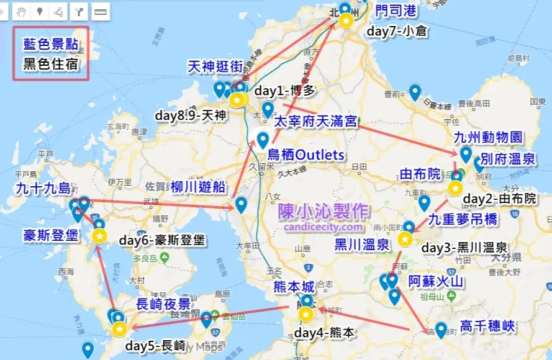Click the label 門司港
(x=396, y=11)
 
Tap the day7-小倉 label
(x=395, y=31)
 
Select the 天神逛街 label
(x=215, y=66)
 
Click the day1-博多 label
(x=285, y=90)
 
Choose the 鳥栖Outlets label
(x=305, y=154)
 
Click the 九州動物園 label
(x=488, y=137)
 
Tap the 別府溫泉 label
(x=508, y=159)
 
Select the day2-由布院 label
(x=499, y=199)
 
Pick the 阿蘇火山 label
(x=436, y=281)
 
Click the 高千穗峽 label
(x=488, y=326)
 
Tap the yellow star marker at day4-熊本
(x=305, y=315)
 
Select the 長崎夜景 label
(x=163, y=304)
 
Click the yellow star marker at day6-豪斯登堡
(x=99, y=236)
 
